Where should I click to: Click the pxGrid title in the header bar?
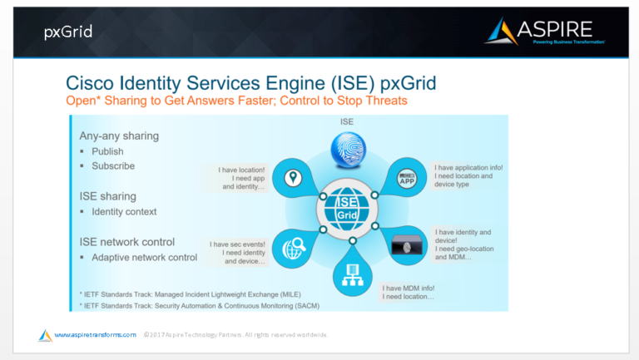[67, 32]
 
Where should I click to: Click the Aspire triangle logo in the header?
[502, 32]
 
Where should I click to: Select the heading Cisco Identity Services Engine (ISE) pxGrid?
[250, 83]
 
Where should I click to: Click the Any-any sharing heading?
[119, 136]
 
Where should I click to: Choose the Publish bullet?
[107, 151]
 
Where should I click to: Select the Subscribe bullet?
[113, 165]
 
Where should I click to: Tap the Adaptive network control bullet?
[144, 257]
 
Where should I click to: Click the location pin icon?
[292, 179]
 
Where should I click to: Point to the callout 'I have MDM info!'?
[409, 292]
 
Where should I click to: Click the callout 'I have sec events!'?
[237, 253]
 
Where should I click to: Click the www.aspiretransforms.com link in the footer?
[95, 334]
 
